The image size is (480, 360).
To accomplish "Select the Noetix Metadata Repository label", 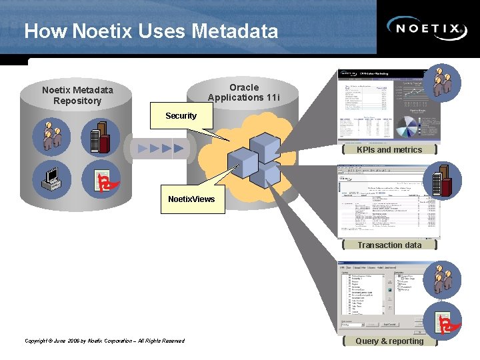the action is [77, 95].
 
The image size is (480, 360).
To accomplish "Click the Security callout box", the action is [181, 116].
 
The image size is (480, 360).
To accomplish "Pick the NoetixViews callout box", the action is [191, 199].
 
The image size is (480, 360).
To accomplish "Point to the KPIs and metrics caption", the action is [389, 149].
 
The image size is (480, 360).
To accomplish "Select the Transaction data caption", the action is [389, 245].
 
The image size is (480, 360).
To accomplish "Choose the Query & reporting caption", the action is [389, 341].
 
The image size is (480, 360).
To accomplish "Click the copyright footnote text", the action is [104, 341].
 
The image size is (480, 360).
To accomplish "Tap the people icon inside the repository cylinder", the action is [52, 137].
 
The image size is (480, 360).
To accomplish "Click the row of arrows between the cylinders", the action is [159, 147].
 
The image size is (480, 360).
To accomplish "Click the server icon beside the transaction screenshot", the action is [441, 181].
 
